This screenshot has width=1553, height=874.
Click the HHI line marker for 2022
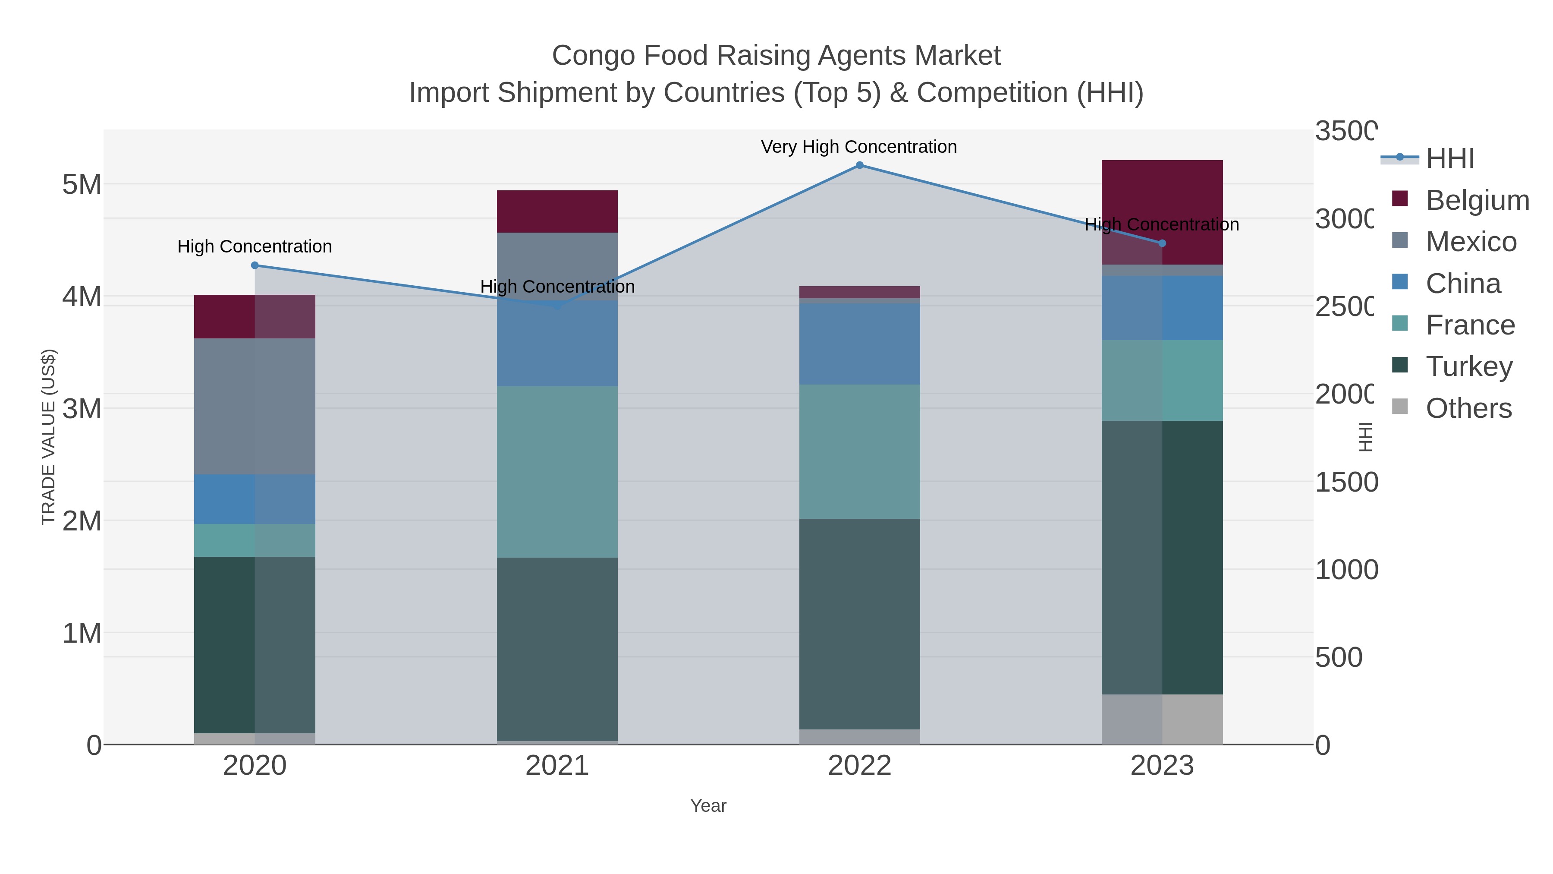click(x=860, y=165)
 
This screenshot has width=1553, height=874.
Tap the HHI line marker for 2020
click(x=255, y=265)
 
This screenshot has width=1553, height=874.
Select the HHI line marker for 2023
click(x=1162, y=243)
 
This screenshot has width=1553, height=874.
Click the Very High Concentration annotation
click(x=858, y=147)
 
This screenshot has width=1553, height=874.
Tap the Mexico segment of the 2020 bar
click(x=255, y=406)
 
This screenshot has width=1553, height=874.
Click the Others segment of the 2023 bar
click(x=1162, y=719)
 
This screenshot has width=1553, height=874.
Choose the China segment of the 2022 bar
click(x=860, y=344)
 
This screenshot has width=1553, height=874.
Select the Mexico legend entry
click(x=1471, y=242)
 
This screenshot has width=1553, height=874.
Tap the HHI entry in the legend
click(x=1449, y=159)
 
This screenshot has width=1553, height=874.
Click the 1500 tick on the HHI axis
click(x=1346, y=483)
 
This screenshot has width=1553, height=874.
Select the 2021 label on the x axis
click(x=557, y=766)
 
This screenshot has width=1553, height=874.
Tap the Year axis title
click(x=708, y=806)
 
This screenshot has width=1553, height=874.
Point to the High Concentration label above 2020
click(x=255, y=247)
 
